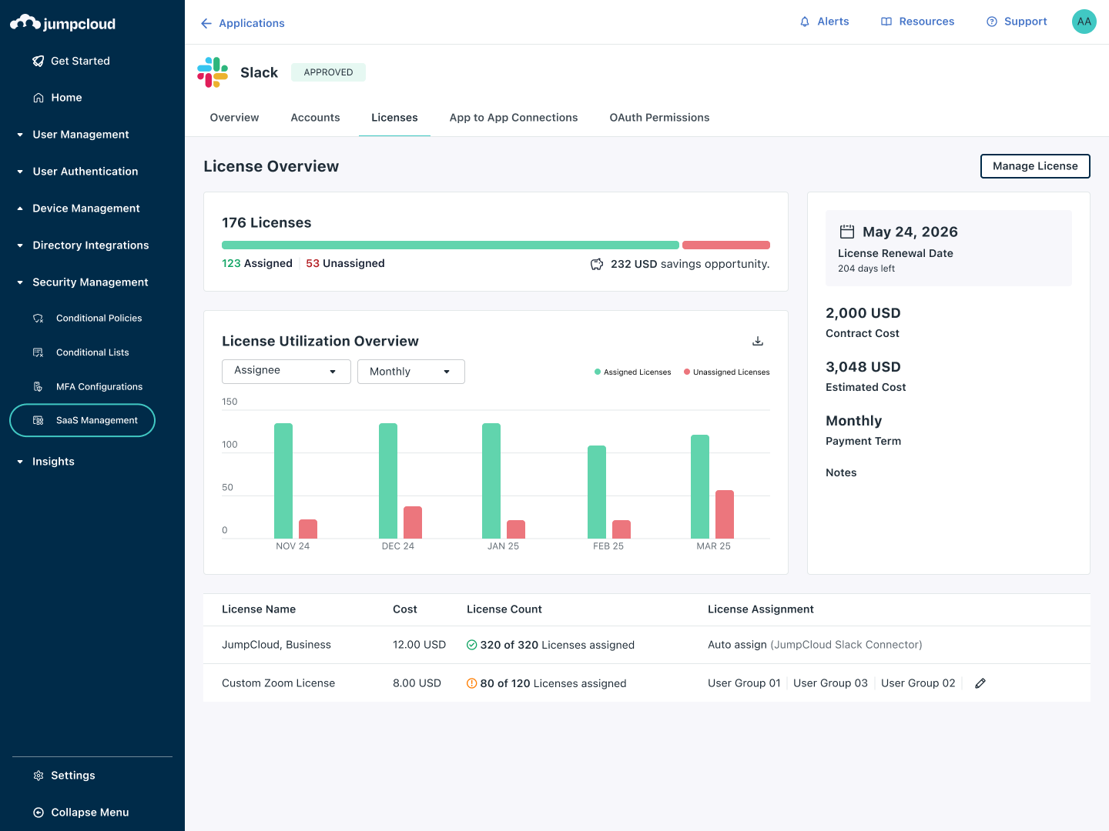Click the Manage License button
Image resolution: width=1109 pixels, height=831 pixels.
(x=1034, y=166)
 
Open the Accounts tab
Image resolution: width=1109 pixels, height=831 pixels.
(x=315, y=118)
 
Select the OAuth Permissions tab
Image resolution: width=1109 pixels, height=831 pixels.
(x=659, y=118)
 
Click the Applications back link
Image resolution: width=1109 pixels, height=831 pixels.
(x=243, y=23)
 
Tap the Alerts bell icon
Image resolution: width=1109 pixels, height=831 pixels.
(x=805, y=22)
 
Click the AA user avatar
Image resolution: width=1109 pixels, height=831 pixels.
(x=1084, y=22)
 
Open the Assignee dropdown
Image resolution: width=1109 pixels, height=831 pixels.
(x=286, y=371)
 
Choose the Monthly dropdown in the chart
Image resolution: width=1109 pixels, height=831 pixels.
(x=410, y=372)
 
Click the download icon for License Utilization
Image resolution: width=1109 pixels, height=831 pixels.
(x=758, y=341)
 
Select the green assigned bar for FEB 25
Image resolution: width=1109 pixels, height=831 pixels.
(x=597, y=492)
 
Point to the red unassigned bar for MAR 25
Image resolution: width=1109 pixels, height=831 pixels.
(x=725, y=514)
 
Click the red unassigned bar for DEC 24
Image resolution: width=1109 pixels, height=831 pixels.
(x=413, y=522)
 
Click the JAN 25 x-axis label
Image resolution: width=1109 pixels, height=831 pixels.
(x=503, y=546)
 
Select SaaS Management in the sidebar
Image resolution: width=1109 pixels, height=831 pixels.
(x=82, y=420)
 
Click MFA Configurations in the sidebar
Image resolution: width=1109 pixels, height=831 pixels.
(x=99, y=386)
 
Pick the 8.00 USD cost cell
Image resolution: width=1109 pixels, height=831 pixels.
(x=417, y=683)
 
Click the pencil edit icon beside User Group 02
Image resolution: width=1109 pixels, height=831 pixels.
(x=980, y=683)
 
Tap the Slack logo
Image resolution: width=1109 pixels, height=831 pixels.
(x=213, y=72)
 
